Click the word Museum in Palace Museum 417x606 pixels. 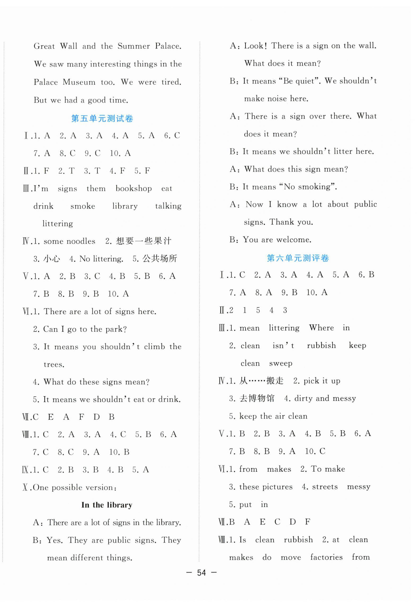point(79,82)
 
